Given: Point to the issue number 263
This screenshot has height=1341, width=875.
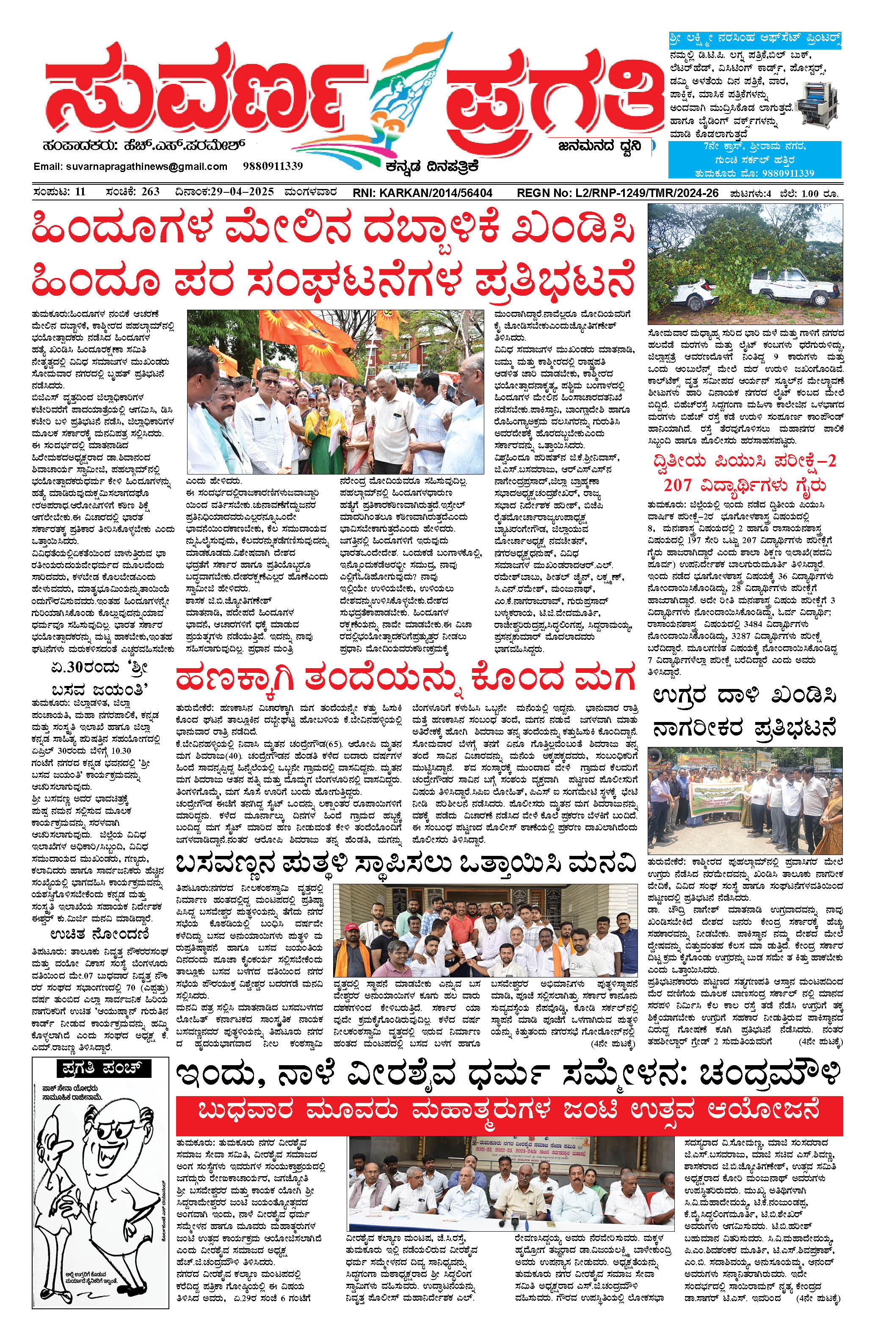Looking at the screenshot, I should [x=151, y=192].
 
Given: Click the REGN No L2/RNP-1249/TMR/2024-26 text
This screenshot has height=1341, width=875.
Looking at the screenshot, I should [x=618, y=193].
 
